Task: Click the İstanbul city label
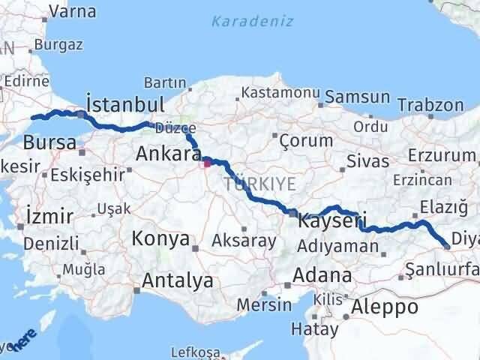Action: click(125, 103)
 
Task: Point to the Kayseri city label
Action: click(332, 221)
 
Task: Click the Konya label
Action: click(160, 239)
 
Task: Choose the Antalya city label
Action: click(177, 281)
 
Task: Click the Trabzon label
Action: click(429, 104)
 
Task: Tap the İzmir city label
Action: click(49, 217)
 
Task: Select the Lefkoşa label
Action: click(196, 352)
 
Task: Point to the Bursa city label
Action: click(49, 142)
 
